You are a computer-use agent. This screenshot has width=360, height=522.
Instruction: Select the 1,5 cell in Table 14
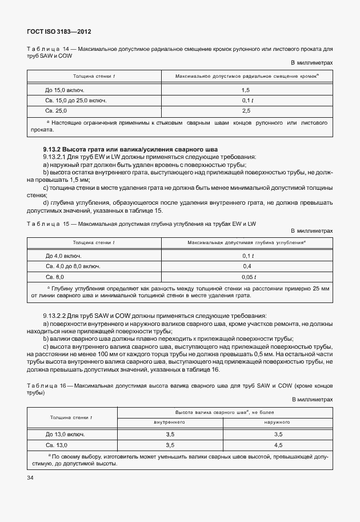(x=246, y=90)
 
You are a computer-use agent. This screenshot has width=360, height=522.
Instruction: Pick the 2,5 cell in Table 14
(x=246, y=110)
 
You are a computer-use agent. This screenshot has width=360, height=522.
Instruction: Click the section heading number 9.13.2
(x=51, y=149)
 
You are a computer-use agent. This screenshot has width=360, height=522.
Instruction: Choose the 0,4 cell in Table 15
(x=247, y=266)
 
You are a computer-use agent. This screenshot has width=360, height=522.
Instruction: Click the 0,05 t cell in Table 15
(x=247, y=276)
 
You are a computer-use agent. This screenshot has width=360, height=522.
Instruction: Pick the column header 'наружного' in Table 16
(x=278, y=422)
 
